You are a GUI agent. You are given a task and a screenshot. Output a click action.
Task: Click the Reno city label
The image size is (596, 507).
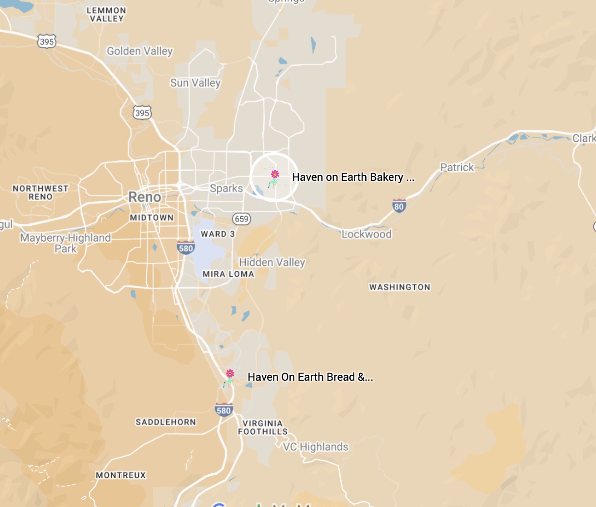(144, 197)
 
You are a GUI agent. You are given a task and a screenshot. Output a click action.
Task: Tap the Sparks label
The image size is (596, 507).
(226, 188)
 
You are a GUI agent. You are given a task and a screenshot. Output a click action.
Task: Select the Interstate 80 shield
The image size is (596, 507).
(399, 206)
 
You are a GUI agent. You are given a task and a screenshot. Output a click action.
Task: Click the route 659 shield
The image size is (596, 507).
(242, 219)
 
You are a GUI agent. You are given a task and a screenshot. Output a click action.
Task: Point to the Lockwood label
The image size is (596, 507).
(367, 234)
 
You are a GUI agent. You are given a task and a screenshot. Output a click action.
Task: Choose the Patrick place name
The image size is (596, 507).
(457, 167)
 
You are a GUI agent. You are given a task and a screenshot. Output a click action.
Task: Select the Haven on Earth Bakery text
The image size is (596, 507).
(353, 177)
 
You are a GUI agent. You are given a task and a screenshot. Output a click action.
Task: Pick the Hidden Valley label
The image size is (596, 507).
(272, 262)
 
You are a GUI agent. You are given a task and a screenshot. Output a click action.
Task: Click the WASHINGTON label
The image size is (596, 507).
(400, 287)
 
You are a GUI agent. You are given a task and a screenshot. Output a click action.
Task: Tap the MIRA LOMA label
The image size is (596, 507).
(228, 274)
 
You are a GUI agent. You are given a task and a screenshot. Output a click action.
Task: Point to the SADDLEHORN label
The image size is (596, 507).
(166, 422)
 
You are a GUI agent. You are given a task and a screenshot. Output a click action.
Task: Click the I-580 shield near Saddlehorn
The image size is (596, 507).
(223, 410)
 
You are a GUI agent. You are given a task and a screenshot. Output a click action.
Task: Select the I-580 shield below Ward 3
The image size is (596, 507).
(186, 248)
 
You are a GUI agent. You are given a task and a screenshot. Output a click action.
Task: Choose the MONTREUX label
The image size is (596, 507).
(121, 475)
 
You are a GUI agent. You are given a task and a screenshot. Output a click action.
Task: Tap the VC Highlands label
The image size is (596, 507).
(316, 447)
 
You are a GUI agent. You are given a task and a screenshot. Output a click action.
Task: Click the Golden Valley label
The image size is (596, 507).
(140, 51)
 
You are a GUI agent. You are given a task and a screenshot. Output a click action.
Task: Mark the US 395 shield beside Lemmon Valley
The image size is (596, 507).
(47, 41)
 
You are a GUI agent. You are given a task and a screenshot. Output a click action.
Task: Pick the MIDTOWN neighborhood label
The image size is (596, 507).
(152, 218)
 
